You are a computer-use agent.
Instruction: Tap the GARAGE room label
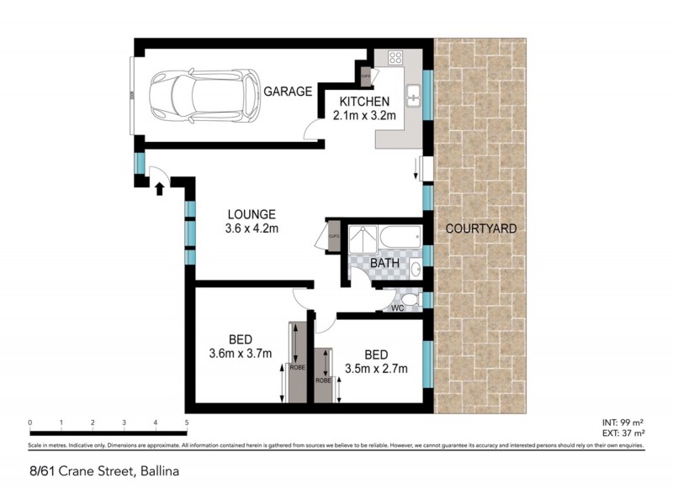(x=289, y=92)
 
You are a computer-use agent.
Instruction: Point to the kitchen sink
(x=413, y=97)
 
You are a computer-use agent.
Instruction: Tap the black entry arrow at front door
(x=158, y=190)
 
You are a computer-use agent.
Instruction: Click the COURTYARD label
(x=480, y=228)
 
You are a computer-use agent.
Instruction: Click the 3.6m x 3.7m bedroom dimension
(x=241, y=354)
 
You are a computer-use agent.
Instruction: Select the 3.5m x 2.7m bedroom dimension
(x=376, y=368)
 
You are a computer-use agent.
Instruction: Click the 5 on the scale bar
(x=187, y=423)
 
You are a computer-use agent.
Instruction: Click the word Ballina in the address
(x=159, y=471)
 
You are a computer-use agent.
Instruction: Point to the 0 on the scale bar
(x=29, y=423)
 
